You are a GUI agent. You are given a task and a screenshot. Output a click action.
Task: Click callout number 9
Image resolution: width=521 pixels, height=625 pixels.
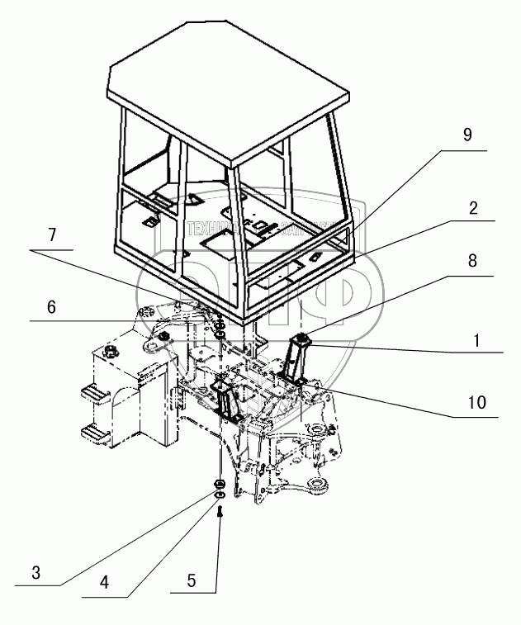click(x=467, y=136)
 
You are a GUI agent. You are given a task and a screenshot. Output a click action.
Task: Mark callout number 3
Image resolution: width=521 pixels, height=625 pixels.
click(x=36, y=573)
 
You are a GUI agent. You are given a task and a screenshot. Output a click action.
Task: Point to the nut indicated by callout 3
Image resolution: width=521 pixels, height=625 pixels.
click(x=220, y=483)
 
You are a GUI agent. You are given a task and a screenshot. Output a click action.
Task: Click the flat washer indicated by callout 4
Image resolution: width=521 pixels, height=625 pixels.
click(x=220, y=495)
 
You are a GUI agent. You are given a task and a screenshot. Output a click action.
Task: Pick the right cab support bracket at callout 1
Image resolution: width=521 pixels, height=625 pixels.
click(x=296, y=355)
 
